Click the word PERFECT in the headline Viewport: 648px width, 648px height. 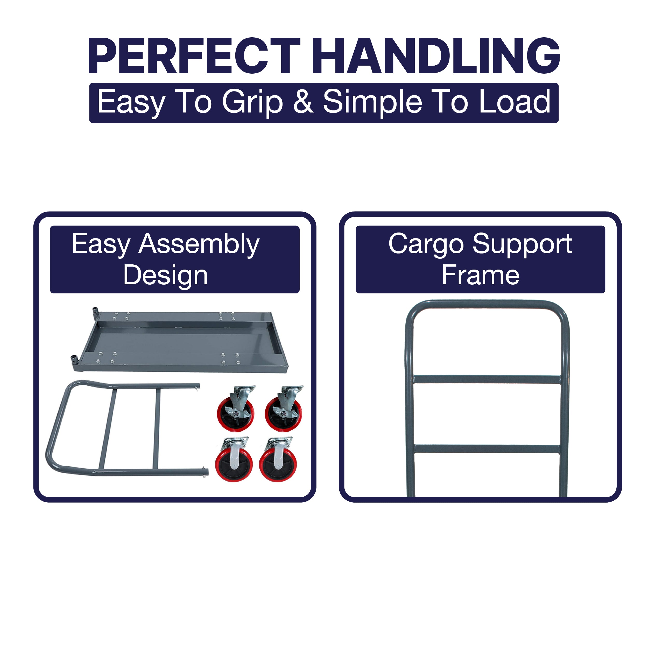[194, 56]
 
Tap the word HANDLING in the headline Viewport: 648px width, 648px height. [436, 56]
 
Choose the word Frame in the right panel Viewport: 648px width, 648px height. [481, 275]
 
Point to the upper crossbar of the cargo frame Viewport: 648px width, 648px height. [487, 379]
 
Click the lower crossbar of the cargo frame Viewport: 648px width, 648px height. [487, 449]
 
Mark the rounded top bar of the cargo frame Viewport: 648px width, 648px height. [487, 305]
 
